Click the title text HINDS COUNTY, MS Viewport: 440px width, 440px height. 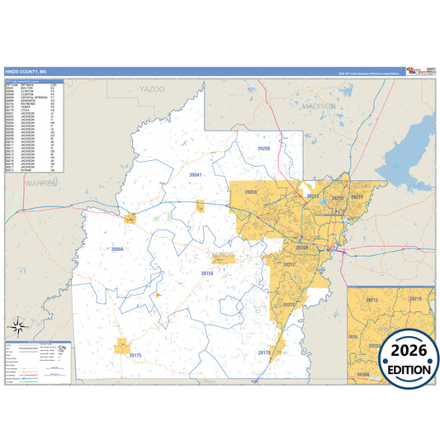pos(26,72)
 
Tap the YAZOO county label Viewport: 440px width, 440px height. pos(152,88)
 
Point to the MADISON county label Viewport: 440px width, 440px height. pos(319,106)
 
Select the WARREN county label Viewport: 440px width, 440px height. pos(40,182)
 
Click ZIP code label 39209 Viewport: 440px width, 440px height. pos(264,148)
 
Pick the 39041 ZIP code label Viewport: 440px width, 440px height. pos(196,175)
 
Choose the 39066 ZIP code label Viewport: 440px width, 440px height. pos(117,248)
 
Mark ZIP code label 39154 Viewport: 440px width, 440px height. pos(207,272)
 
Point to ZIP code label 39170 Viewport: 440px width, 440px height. pos(264,352)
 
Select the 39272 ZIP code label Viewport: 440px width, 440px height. pos(289,304)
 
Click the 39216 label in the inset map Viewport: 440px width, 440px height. pos(416,298)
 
